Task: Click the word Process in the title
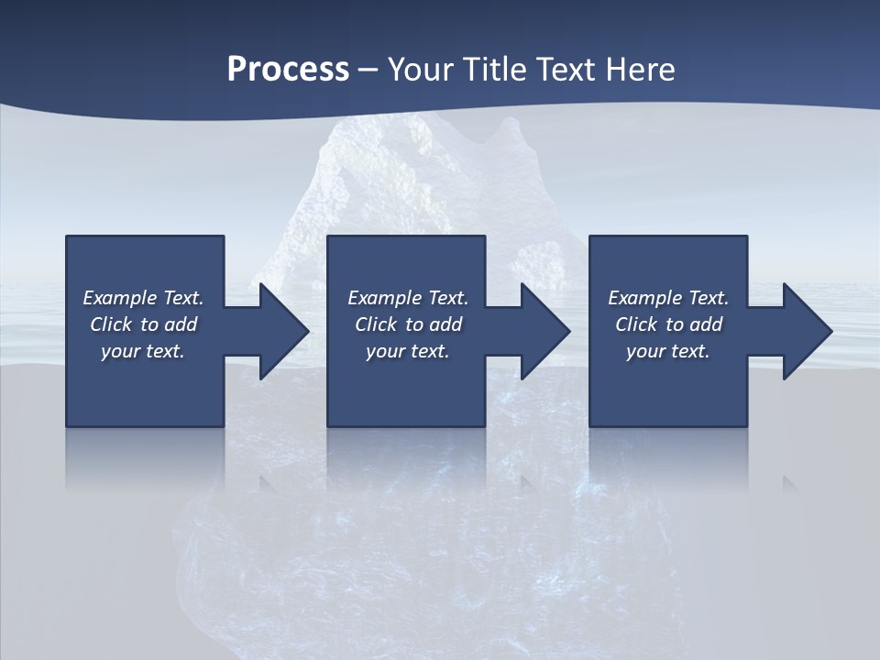(288, 70)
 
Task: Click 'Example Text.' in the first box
(143, 298)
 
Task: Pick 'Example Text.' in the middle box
(408, 298)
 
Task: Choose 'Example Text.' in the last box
(668, 298)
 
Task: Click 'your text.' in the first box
(143, 351)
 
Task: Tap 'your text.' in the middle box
(408, 351)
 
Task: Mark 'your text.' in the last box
(668, 351)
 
